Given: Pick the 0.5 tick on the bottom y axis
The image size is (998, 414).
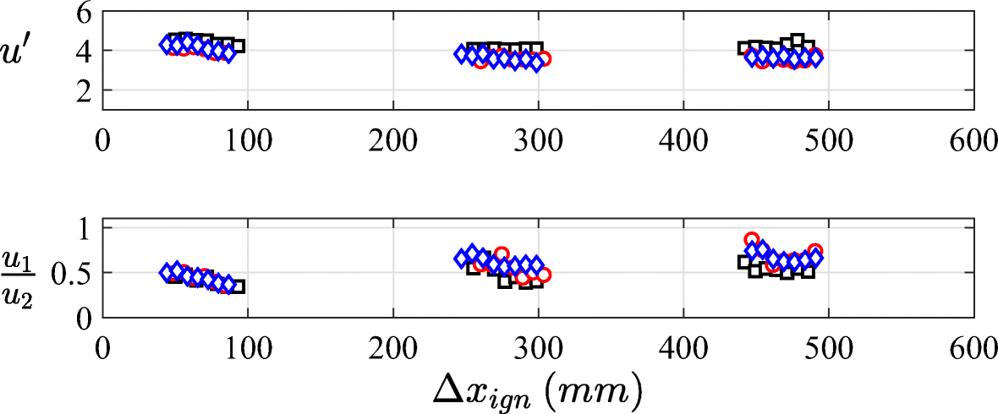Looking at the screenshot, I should click(x=73, y=274).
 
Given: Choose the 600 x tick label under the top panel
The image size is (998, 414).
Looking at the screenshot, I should click(x=973, y=139).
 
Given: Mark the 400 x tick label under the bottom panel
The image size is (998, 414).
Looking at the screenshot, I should click(x=683, y=346).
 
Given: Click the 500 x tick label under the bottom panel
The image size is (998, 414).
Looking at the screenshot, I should click(x=828, y=346).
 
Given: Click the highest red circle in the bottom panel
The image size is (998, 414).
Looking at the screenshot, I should click(x=751, y=240).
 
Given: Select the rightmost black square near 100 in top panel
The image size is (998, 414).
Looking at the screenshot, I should click(x=238, y=46).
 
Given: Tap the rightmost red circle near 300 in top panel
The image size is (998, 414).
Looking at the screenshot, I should click(x=544, y=59).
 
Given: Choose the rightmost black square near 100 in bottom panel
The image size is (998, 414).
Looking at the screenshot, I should click(x=238, y=286).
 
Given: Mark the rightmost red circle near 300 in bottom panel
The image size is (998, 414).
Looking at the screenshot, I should click(x=544, y=275).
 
